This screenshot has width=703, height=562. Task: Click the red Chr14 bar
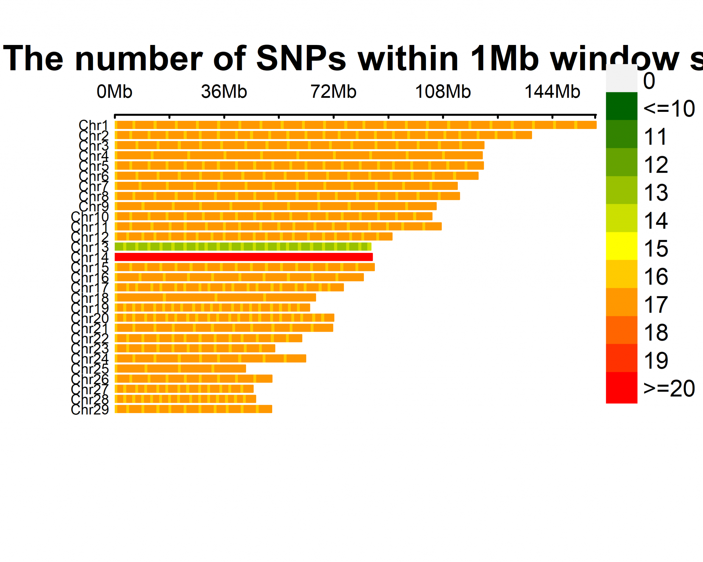(x=243, y=257)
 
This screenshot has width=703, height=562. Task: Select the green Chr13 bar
(x=243, y=247)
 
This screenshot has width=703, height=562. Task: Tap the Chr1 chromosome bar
(x=355, y=125)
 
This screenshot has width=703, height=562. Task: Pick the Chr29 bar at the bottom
(x=193, y=409)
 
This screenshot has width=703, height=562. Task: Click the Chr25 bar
(x=180, y=368)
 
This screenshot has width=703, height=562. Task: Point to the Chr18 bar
(x=215, y=297)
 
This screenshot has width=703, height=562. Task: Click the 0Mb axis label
(x=114, y=92)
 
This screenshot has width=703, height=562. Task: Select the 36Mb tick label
(x=224, y=92)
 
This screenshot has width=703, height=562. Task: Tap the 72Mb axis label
(x=333, y=92)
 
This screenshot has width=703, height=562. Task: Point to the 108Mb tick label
(x=443, y=92)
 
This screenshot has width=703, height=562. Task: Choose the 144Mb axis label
(x=552, y=92)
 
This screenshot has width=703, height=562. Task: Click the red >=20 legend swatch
(x=621, y=388)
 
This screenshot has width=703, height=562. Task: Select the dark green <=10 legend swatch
(x=621, y=106)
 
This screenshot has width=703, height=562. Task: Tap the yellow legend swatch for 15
(x=621, y=246)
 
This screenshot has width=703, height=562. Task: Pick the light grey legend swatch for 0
(x=621, y=78)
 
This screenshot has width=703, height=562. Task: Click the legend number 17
(x=656, y=304)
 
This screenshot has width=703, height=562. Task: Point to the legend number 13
(x=656, y=192)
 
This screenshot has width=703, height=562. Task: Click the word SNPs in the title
(x=301, y=58)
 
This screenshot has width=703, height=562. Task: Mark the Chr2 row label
(x=93, y=136)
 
